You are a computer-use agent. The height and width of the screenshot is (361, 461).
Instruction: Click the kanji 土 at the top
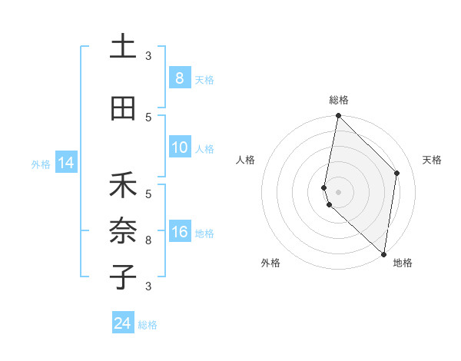point(123,48)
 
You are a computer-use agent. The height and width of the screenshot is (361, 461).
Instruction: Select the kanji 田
point(123,108)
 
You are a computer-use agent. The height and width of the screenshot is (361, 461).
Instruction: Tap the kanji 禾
point(123,186)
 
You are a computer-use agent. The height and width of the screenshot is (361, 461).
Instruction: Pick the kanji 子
point(123,276)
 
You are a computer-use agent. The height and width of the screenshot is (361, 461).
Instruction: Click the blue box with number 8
point(179,78)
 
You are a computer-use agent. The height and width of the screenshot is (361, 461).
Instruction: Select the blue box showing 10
point(179,147)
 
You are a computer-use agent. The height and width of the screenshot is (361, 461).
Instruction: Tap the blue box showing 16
point(179,233)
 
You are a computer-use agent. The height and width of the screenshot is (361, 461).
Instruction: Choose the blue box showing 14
point(65,163)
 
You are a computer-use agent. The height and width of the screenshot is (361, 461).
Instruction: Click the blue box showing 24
point(123,323)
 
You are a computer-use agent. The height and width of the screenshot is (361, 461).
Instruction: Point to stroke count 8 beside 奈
point(148,240)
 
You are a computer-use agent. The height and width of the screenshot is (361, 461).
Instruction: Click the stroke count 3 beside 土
point(148,56)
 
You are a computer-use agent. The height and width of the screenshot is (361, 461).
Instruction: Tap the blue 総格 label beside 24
point(148,325)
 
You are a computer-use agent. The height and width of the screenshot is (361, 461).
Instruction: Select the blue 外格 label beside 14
point(41,164)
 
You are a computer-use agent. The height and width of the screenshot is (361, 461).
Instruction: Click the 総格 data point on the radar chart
point(338,116)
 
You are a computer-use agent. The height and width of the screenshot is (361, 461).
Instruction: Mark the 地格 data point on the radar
point(383,254)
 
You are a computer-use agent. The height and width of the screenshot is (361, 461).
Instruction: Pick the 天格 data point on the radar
point(397,173)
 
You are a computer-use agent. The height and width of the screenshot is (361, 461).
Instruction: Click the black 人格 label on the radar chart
point(245,160)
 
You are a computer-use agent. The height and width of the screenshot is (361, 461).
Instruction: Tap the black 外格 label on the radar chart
point(270,263)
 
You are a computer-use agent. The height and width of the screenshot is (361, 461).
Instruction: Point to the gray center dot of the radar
point(338,191)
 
